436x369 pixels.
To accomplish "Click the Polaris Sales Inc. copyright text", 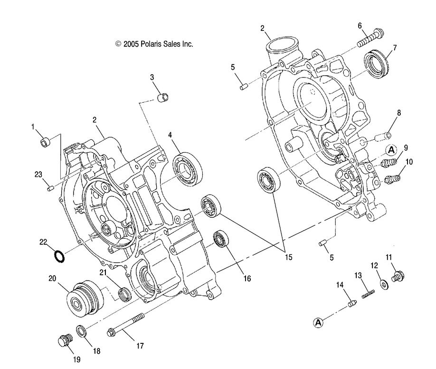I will point(154,44).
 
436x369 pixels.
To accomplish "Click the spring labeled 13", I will point(367,295).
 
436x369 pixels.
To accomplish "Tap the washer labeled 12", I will point(384,284).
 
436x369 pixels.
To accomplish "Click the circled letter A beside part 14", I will point(318,322).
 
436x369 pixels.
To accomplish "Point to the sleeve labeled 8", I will point(382,137).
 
